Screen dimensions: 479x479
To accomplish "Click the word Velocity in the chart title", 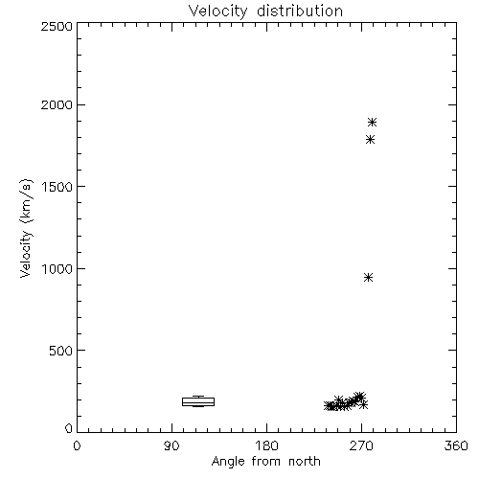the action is (217, 11).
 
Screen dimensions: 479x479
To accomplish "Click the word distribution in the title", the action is (300, 11).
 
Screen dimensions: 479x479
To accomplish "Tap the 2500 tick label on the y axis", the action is (57, 26).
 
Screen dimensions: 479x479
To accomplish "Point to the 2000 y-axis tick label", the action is (57, 104).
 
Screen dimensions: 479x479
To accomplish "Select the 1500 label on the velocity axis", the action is (57, 187).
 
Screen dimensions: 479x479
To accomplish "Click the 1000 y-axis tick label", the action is (57, 268).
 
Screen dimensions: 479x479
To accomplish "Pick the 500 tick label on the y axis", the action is (60, 351).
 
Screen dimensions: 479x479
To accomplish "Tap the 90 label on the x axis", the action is (171, 445).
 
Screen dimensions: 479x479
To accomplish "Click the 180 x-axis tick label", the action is (266, 445).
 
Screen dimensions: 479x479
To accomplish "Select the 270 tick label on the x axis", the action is (361, 445).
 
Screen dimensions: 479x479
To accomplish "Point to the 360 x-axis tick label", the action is (456, 445).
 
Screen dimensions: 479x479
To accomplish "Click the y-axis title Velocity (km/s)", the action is (26, 228).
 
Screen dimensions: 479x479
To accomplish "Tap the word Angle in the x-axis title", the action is (228, 462).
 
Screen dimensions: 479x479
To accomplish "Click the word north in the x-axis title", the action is (305, 462).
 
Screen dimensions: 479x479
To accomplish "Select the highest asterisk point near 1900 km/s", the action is (372, 123).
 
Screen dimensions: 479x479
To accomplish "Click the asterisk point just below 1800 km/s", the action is (370, 140).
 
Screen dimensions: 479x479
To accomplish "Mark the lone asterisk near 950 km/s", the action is (369, 278).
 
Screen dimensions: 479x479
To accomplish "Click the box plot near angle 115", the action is (198, 401).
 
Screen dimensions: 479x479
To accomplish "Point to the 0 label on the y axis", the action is (69, 428).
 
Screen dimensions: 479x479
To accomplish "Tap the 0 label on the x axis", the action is (77, 445).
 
